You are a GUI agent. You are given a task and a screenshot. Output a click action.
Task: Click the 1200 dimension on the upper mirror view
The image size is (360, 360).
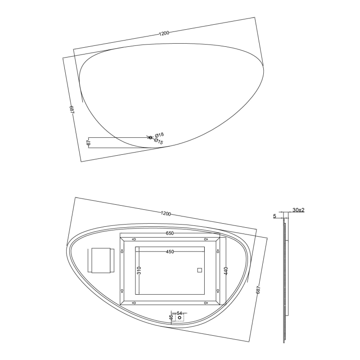(x=164, y=33)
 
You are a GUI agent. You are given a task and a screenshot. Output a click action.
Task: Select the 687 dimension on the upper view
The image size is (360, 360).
(x=72, y=109)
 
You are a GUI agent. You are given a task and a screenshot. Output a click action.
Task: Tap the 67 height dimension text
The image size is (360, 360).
(x=89, y=142)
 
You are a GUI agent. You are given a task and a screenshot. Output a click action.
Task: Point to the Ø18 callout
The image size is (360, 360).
(x=159, y=135)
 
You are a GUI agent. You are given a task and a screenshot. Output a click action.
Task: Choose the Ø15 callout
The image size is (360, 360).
(x=158, y=141)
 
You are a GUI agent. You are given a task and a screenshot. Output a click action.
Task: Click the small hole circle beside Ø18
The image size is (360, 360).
(x=150, y=138)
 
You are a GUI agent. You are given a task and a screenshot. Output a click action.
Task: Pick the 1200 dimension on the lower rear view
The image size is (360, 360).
(x=166, y=213)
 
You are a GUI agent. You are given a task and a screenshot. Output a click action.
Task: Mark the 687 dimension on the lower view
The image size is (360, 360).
(x=258, y=289)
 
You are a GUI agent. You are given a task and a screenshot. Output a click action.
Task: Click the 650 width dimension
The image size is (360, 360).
(x=170, y=233)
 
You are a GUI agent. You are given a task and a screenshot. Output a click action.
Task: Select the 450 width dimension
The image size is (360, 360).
(x=170, y=252)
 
